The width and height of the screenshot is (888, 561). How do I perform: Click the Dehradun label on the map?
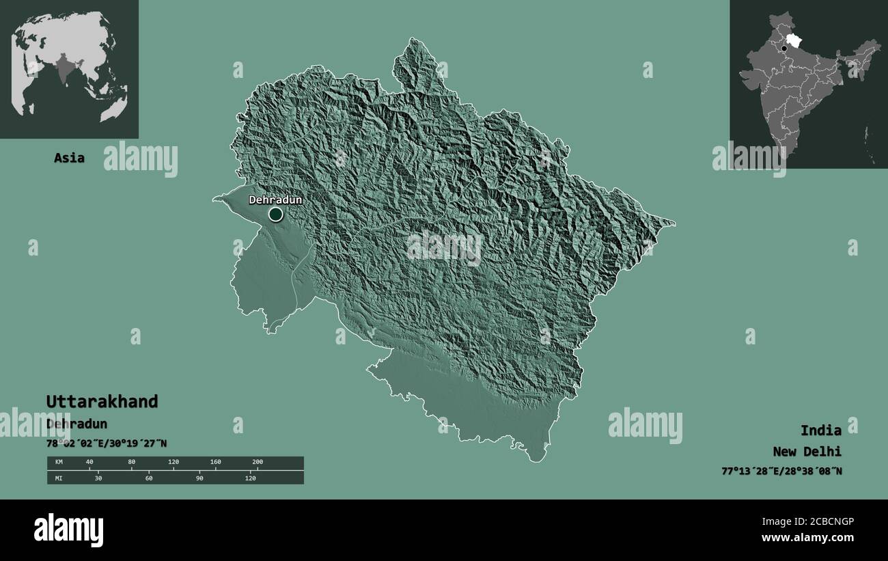click(x=275, y=200)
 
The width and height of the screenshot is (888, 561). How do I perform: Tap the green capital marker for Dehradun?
click(x=275, y=215)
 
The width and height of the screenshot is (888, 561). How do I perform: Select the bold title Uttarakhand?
click(x=102, y=401)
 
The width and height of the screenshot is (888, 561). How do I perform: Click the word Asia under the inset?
click(x=70, y=158)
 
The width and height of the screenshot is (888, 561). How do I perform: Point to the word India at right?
click(x=820, y=430)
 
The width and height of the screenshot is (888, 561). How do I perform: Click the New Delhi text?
click(x=807, y=451)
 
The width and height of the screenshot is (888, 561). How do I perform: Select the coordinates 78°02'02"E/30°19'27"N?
click(x=107, y=443)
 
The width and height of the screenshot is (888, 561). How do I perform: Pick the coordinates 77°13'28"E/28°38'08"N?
click(x=781, y=471)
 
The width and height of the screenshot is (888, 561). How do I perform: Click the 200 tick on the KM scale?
click(x=257, y=463)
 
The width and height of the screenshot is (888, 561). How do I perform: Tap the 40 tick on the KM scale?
click(x=89, y=463)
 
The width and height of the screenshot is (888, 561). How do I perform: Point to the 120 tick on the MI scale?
click(x=250, y=478)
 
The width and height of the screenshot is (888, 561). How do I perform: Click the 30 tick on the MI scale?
click(x=98, y=478)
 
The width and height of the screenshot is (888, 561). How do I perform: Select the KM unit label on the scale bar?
click(x=58, y=463)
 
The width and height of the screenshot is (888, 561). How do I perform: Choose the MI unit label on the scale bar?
click(x=58, y=478)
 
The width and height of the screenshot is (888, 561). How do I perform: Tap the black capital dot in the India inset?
click(x=784, y=49)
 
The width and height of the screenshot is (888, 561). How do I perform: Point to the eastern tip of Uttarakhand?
click(x=673, y=222)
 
